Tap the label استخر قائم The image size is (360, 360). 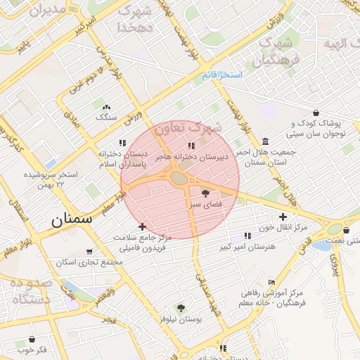tap(220, 75)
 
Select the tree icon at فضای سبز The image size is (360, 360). tap(205, 193)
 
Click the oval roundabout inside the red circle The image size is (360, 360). tap(179, 179)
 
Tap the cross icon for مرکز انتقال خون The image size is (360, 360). tap(283, 217)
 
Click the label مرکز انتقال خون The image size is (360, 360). tap(283, 228)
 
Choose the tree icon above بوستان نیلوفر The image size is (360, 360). tap(181, 308)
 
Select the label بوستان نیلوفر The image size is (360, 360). tap(181, 319)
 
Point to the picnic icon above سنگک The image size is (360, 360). tap(106, 106)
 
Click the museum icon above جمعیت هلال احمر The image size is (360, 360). tap(265, 141)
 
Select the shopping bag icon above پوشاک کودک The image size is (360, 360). tap(316, 112)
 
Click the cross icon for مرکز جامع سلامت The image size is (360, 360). tap(143, 226)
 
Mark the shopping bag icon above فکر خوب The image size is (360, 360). tap(32, 339)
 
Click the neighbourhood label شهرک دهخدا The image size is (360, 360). tap(135, 19)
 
